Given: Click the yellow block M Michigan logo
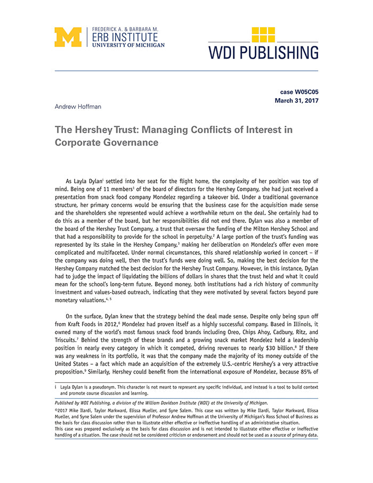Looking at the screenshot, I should pos(68,37).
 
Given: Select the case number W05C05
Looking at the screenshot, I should pos(306,92).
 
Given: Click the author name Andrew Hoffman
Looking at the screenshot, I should pos(78,107).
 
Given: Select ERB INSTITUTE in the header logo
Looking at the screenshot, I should pos(125,37).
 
